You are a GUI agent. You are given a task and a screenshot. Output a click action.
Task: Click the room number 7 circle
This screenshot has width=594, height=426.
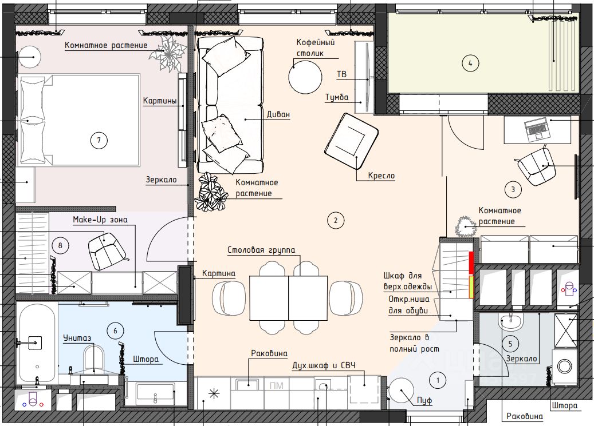99,140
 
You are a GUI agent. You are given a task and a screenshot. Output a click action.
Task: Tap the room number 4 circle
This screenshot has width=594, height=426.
470,63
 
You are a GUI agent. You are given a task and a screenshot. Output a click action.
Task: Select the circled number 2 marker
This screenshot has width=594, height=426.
336,220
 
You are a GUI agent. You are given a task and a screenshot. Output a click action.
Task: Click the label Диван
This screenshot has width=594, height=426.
278,114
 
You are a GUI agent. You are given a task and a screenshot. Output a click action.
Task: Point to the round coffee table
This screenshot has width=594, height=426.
305,77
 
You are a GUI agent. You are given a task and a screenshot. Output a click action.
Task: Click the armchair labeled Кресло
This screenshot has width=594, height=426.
351,141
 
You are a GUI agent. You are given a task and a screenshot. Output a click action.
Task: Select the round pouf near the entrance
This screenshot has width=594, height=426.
402,390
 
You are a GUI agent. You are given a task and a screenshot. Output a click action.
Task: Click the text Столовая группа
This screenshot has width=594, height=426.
261,250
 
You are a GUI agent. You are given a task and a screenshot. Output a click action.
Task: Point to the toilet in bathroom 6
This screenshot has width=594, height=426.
94,359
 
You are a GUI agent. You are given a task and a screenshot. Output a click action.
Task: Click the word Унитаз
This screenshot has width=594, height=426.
77,338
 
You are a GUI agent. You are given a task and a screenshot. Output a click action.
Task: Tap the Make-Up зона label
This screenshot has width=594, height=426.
100,220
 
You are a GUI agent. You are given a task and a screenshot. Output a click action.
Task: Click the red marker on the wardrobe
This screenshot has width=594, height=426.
471,263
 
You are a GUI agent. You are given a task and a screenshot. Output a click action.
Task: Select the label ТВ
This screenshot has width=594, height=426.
342,74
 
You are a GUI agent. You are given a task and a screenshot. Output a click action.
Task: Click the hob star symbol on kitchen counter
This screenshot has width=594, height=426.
214,394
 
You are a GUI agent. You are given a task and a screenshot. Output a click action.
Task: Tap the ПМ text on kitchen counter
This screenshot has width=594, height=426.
277,385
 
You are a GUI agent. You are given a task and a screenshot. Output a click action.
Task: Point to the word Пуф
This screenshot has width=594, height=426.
424,400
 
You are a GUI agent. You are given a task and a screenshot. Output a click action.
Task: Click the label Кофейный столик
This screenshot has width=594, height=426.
316,47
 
